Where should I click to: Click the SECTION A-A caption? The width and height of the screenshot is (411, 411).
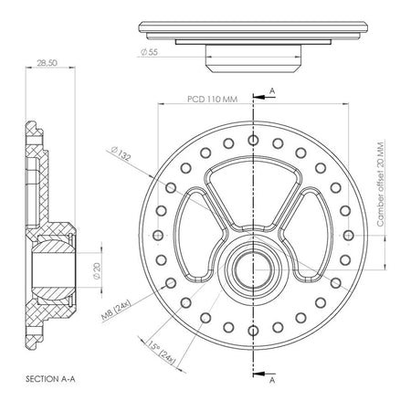[50, 379]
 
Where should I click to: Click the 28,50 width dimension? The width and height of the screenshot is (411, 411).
[47, 63]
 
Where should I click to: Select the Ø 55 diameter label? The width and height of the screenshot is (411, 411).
[149, 52]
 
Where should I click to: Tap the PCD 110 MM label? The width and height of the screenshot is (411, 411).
[212, 100]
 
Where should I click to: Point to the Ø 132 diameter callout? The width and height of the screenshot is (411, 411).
[121, 153]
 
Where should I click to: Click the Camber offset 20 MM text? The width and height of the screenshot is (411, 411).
[381, 184]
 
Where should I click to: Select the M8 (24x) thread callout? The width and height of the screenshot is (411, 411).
[116, 311]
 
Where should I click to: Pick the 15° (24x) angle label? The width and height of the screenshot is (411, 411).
[162, 353]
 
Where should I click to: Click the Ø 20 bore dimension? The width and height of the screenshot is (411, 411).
[97, 271]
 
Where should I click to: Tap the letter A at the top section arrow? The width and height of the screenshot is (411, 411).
[272, 90]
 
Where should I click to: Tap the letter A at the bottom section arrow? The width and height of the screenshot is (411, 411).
[272, 380]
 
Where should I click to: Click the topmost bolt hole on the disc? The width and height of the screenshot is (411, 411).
[253, 140]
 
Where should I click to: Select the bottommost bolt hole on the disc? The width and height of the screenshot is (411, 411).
[253, 331]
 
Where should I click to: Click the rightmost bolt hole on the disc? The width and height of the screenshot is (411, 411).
[348, 236]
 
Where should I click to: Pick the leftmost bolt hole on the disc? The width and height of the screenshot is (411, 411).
[158, 236]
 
